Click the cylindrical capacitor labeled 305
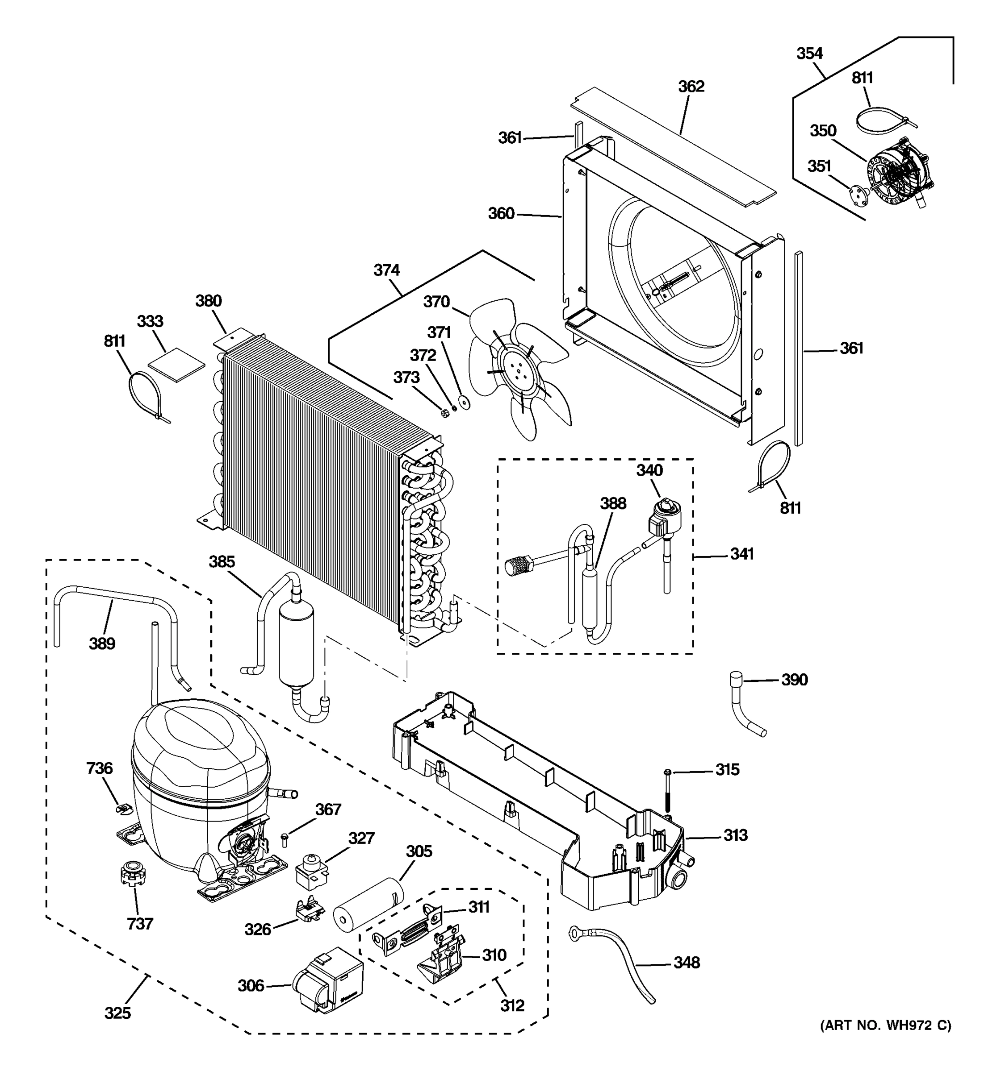(368, 904)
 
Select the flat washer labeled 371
(463, 403)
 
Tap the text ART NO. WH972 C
(885, 1040)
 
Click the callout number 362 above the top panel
(691, 86)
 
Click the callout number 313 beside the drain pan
(735, 835)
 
